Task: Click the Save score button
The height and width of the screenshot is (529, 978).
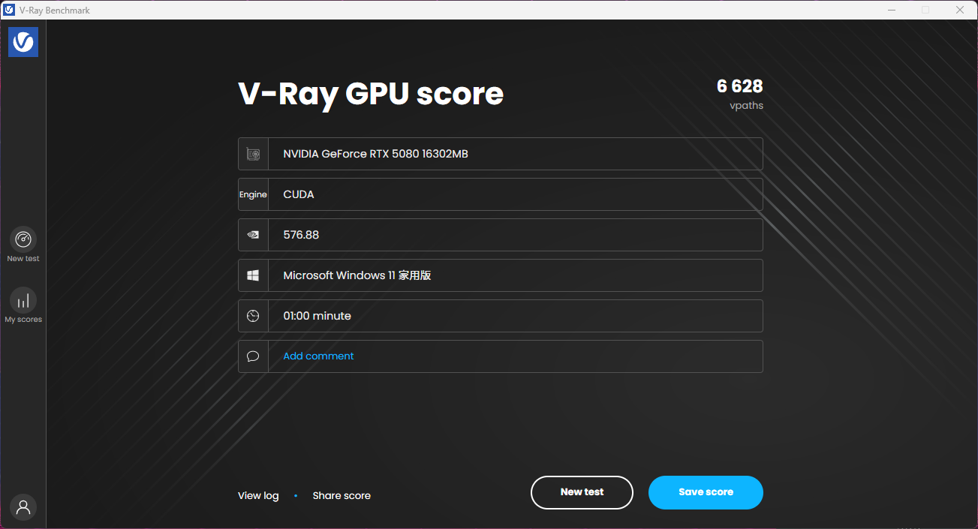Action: (x=706, y=492)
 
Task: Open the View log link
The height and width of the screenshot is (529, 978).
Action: (x=258, y=496)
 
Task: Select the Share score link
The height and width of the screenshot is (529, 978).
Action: (x=342, y=496)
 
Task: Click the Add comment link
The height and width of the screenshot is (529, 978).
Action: (x=318, y=356)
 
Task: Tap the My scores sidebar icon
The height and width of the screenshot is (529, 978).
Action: (x=23, y=300)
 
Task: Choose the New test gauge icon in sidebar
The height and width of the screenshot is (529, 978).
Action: (x=23, y=239)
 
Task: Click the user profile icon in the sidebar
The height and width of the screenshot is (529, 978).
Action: (x=23, y=507)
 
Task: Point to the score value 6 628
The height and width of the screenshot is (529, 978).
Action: (x=739, y=86)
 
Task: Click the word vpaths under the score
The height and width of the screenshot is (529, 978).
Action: (x=746, y=106)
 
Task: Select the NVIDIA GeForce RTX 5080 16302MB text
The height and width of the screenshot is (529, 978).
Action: (x=375, y=154)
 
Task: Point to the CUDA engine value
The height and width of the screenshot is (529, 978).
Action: (x=299, y=194)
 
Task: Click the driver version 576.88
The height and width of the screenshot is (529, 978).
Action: (x=301, y=235)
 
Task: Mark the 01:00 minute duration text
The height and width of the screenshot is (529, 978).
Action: (x=317, y=316)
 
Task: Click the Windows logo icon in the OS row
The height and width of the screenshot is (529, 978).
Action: (x=253, y=275)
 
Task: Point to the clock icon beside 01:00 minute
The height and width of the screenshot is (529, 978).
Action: (x=253, y=316)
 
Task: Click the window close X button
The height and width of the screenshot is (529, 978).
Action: (x=960, y=10)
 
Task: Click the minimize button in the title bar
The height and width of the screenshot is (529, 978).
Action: (x=892, y=10)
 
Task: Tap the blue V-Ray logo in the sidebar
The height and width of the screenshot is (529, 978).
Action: (x=23, y=42)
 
